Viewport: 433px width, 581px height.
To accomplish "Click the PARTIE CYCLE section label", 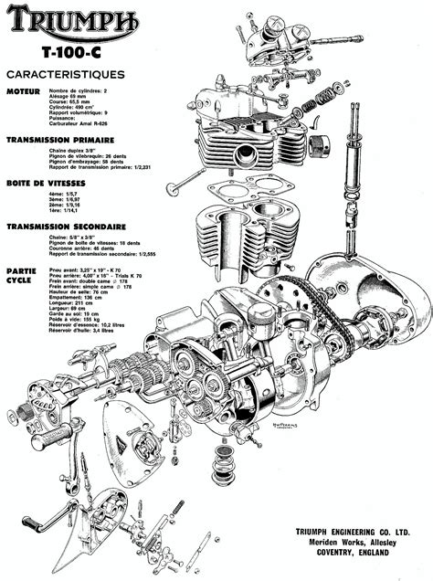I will (x=20, y=276).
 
